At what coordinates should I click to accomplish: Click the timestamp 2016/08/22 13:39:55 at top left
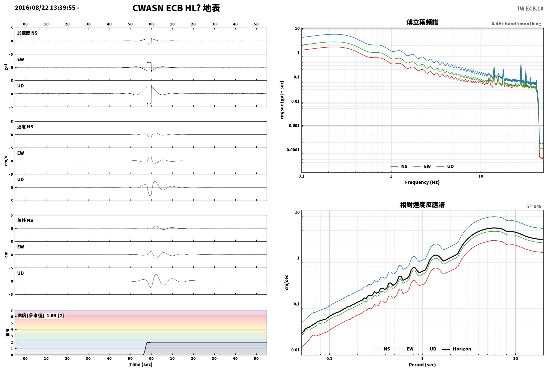(x=45, y=8)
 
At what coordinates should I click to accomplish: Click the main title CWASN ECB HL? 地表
(x=176, y=8)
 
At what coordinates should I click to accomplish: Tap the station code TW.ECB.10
(x=530, y=9)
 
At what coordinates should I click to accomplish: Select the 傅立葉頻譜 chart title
(x=422, y=22)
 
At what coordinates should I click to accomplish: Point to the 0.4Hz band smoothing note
(x=516, y=24)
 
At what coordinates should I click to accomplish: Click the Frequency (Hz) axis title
(x=422, y=182)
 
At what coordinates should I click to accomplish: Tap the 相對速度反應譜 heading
(x=422, y=205)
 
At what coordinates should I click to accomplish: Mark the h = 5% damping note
(x=534, y=206)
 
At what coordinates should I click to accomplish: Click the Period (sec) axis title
(x=422, y=365)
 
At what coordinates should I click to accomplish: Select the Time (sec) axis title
(x=141, y=364)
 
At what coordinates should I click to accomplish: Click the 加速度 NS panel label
(x=27, y=33)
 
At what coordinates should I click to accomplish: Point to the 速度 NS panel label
(x=25, y=127)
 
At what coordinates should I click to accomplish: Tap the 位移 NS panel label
(x=25, y=220)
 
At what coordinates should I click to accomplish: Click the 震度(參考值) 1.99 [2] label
(x=40, y=315)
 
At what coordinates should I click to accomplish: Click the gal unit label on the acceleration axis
(x=6, y=67)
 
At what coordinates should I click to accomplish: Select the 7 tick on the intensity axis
(x=12, y=310)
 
